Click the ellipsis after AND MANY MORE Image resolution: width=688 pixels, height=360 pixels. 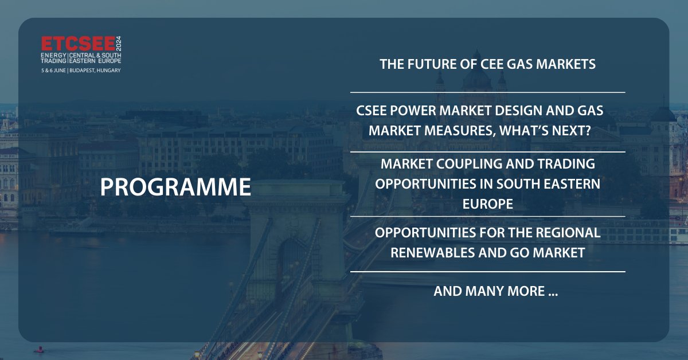click(553, 292)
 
